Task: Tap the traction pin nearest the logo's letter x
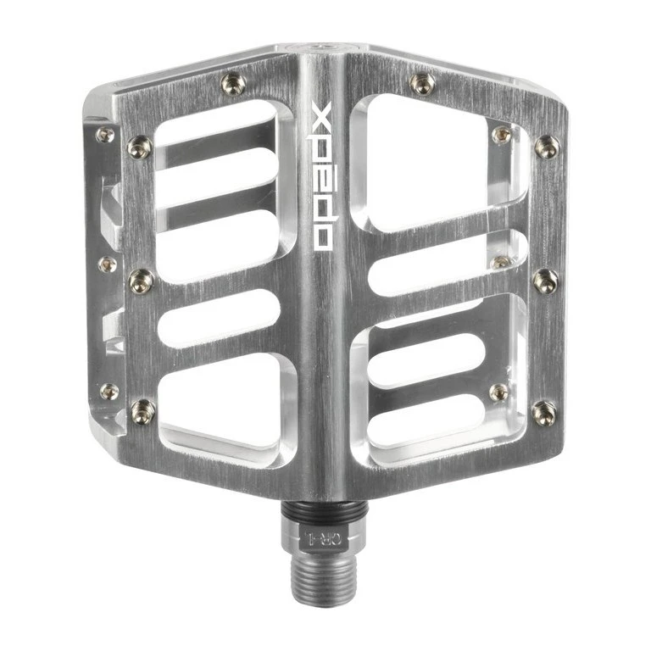(233, 83)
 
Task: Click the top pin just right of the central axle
(422, 82)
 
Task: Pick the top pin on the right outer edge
(546, 147)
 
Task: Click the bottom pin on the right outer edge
(543, 413)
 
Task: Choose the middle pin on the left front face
(141, 281)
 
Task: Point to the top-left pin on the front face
(140, 147)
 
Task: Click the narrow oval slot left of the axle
(219, 319)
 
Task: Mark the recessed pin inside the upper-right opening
(502, 134)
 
